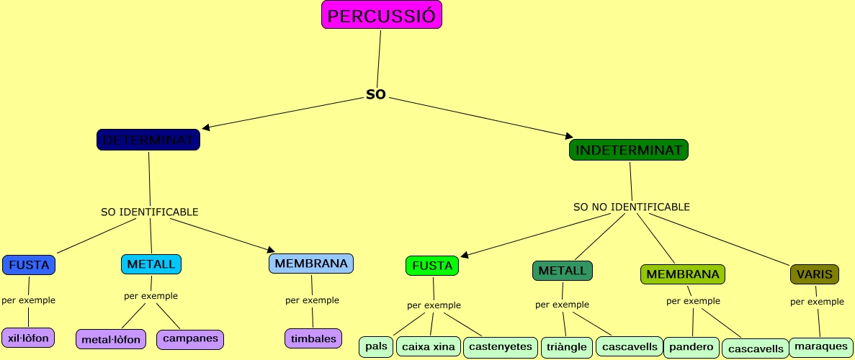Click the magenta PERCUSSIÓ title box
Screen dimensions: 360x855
381,15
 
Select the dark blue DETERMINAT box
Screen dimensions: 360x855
148,140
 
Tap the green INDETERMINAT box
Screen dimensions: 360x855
629,150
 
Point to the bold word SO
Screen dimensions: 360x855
376,94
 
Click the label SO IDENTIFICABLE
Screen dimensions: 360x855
150,212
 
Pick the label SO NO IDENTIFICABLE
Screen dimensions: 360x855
631,207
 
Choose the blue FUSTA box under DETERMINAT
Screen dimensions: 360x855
29,265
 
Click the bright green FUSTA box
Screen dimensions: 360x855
432,266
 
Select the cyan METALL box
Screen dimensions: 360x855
151,264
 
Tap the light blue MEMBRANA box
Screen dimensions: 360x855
311,264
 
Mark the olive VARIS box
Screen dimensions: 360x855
815,274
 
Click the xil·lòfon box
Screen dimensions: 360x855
28,337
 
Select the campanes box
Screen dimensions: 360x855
190,338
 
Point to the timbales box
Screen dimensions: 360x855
313,338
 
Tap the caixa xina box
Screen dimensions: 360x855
429,346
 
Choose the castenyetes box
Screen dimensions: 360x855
501,346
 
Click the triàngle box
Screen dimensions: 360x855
567,346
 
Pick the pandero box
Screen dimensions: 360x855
691,347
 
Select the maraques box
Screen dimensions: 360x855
821,346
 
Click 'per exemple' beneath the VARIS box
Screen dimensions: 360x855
817,302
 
